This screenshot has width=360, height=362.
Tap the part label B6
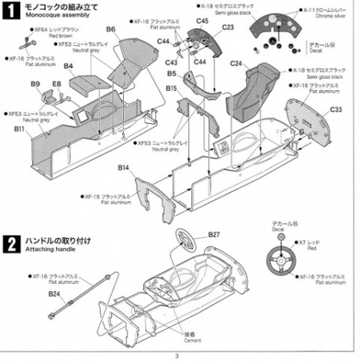pyautogui.click(x=111, y=30)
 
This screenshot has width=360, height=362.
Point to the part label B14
pyautogui.click(x=123, y=167)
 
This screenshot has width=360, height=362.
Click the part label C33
pyautogui.click(x=336, y=109)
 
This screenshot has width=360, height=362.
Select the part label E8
pyautogui.click(x=56, y=84)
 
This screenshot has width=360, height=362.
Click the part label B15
pyautogui.click(x=171, y=87)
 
